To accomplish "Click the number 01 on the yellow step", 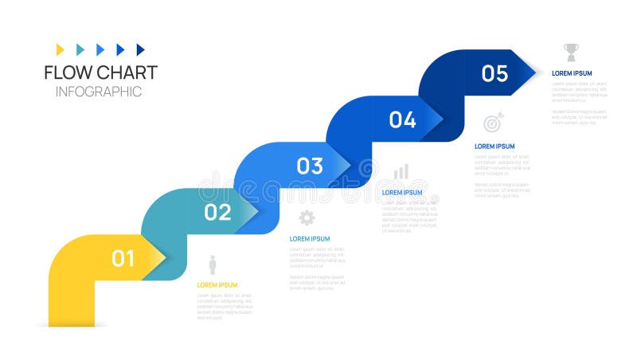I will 123,259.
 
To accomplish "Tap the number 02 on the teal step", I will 217,213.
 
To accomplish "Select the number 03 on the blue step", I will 310,166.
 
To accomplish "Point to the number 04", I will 402,120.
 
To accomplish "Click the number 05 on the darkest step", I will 494,74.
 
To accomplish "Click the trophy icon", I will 571,53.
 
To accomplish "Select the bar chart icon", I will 401,171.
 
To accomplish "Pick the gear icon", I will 307,217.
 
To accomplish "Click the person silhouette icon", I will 213,264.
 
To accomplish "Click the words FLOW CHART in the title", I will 100,72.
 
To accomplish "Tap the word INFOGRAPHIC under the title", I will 99,92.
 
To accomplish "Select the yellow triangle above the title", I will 61,49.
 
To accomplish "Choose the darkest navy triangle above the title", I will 141,49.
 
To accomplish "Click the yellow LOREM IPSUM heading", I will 217,285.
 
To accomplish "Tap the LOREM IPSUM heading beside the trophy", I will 572,73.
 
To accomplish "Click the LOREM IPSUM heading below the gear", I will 310,239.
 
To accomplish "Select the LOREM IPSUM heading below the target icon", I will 494,147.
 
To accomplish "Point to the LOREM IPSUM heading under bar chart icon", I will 402,193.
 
